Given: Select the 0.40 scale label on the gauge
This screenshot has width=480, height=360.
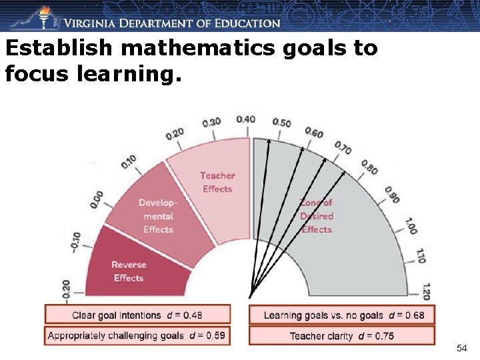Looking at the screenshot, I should [245, 119].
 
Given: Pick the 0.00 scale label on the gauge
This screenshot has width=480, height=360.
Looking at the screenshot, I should [97, 199].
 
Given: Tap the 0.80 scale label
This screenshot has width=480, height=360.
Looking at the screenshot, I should [369, 167].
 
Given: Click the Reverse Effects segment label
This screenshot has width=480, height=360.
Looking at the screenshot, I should [129, 271].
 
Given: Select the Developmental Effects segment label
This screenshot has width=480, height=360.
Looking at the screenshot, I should [158, 216].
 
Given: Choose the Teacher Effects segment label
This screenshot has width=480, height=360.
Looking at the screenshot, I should [217, 182].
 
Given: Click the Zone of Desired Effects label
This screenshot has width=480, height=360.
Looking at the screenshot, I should [317, 216].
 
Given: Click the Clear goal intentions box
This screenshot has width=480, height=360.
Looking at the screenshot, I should [137, 315].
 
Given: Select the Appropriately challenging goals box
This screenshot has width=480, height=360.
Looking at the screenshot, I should [137, 335].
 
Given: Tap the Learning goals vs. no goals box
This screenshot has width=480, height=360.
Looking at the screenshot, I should [341, 315].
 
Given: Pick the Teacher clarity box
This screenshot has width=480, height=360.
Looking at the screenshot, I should [341, 335].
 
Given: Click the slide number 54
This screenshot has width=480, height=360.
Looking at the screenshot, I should [461, 348].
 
